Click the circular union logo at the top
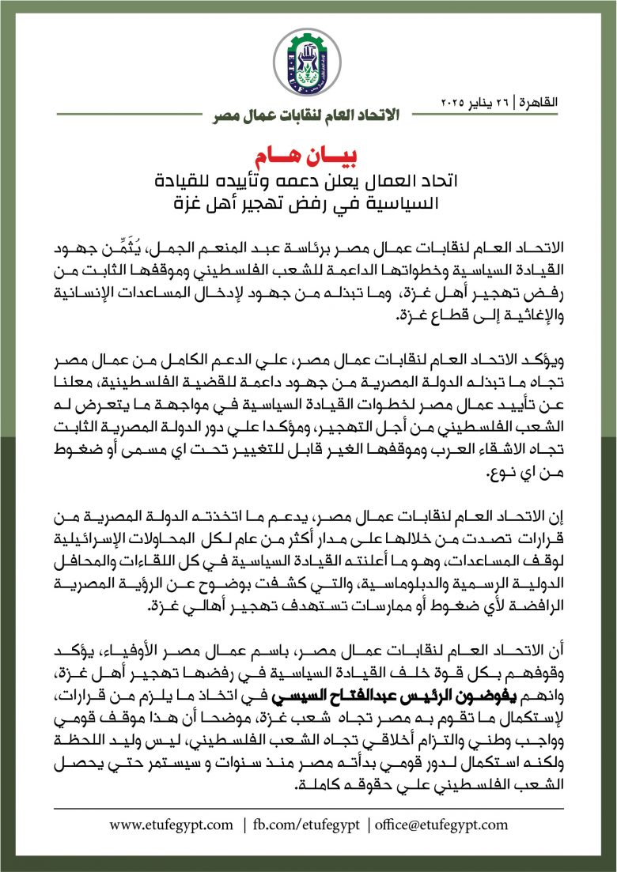pyautogui.click(x=308, y=62)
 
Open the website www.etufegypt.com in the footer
pyautogui.click(x=172, y=825)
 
